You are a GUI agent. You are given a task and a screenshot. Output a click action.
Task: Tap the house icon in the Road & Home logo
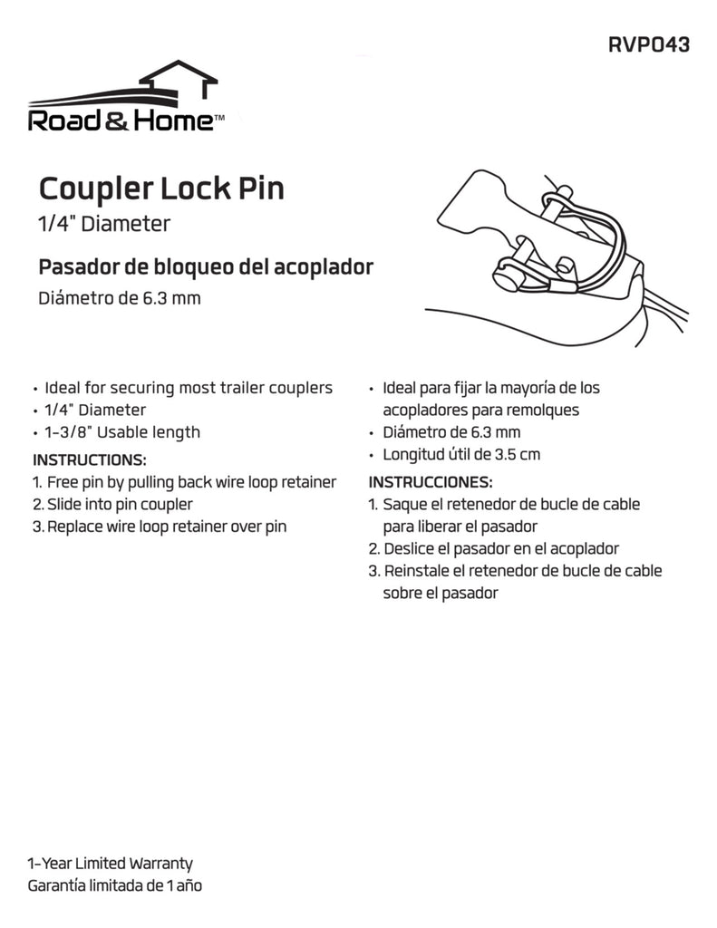click(x=182, y=82)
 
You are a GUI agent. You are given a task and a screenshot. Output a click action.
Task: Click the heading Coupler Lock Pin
click(x=161, y=189)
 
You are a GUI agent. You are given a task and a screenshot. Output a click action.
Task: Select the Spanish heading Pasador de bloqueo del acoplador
click(x=205, y=267)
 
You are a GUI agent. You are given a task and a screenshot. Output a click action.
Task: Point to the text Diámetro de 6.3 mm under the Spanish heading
click(x=119, y=299)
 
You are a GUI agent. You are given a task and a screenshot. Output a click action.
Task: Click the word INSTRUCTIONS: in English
click(x=89, y=459)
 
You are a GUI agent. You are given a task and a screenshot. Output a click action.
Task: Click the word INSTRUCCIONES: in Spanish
click(x=431, y=481)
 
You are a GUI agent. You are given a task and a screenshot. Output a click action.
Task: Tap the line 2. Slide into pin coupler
click(x=111, y=504)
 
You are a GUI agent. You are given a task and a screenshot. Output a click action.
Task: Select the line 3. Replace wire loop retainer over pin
click(x=159, y=527)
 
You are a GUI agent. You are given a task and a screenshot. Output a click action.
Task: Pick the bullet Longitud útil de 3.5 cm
click(x=462, y=455)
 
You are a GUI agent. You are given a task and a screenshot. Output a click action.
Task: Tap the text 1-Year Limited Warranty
click(x=110, y=864)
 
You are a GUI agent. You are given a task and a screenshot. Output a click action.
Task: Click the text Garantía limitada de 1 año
click(x=115, y=885)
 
